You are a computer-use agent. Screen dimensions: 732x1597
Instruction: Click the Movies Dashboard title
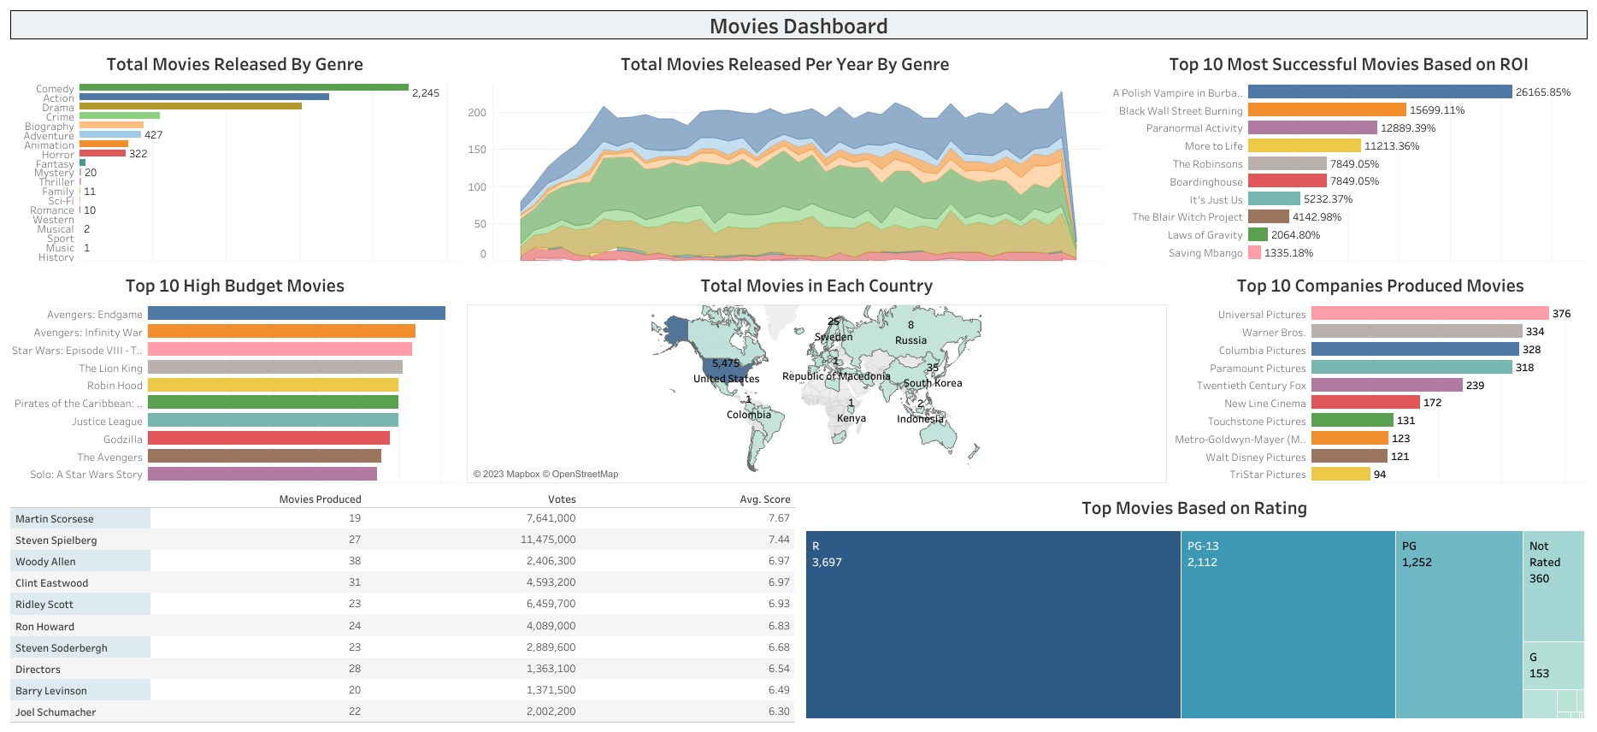coord(798,27)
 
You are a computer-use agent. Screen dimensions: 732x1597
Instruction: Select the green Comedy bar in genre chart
coord(244,87)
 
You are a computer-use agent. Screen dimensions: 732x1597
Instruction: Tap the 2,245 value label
coord(426,93)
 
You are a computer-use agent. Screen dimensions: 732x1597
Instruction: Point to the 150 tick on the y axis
coord(477,150)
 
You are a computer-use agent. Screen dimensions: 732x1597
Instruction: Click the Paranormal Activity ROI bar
coord(1311,127)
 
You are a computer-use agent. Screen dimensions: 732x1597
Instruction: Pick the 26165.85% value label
coord(1543,92)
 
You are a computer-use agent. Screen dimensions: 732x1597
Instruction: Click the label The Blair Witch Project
coord(1187,217)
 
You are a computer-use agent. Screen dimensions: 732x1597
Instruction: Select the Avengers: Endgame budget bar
coord(296,314)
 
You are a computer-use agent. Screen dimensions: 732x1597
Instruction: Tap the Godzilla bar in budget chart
coord(268,439)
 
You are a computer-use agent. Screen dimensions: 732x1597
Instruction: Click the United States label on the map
coord(726,379)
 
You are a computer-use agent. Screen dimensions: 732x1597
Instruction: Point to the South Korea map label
coord(933,383)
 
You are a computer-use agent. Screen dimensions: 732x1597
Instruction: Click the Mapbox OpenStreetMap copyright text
coord(545,474)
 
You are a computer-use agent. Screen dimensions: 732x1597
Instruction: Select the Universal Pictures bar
coord(1429,314)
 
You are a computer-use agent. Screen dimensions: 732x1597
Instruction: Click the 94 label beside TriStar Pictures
coord(1380,475)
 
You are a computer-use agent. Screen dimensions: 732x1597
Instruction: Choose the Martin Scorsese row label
coord(55,519)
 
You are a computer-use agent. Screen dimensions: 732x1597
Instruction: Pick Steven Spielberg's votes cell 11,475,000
coord(548,540)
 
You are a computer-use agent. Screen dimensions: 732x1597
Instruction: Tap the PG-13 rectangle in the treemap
coord(1288,624)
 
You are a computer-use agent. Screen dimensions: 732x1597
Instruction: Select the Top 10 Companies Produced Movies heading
coord(1380,286)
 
